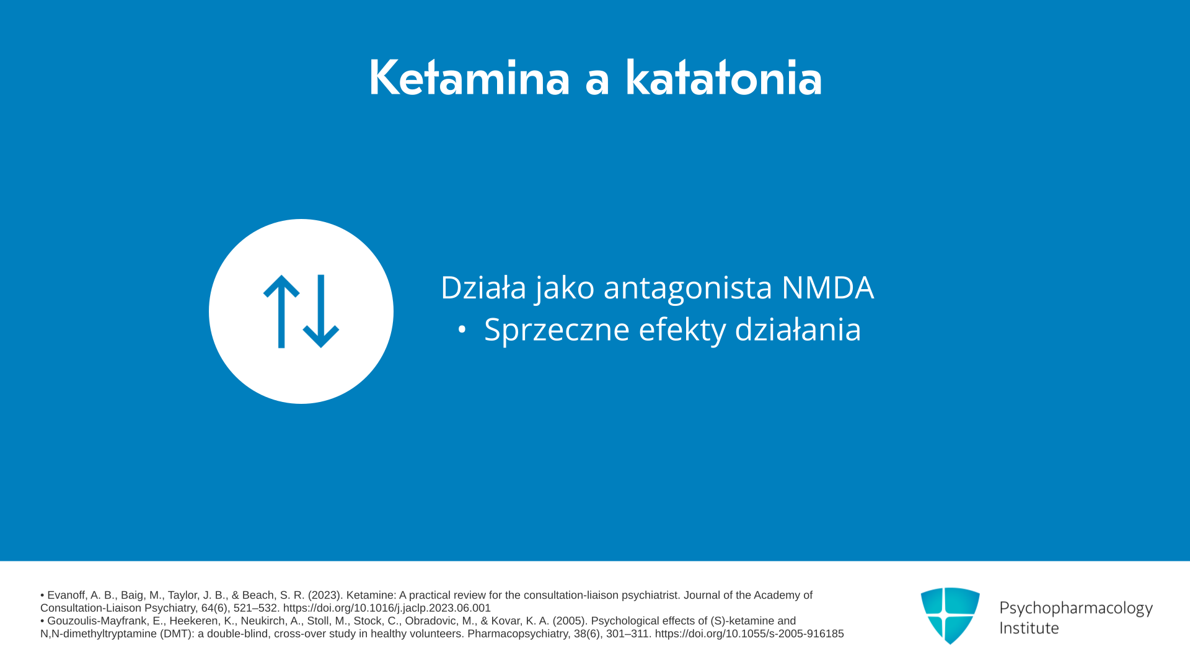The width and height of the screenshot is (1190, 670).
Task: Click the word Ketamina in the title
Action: click(x=469, y=78)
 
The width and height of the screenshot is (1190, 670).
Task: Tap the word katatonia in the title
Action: click(x=723, y=78)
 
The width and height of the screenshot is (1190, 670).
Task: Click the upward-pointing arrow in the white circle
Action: click(x=281, y=311)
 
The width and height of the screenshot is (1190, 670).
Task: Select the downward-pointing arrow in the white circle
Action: click(x=321, y=311)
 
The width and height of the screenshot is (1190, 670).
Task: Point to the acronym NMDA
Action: click(x=827, y=288)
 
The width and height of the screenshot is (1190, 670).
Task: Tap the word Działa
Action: click(x=483, y=288)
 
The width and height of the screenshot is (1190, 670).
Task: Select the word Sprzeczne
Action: click(x=557, y=330)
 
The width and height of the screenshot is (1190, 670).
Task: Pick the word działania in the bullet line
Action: click(x=798, y=329)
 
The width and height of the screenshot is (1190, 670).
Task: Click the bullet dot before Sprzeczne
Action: click(x=462, y=330)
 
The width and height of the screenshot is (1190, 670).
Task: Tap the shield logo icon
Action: click(x=950, y=616)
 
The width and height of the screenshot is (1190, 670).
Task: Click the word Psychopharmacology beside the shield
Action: click(x=1076, y=609)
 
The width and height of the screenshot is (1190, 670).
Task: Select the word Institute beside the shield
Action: click(x=1029, y=628)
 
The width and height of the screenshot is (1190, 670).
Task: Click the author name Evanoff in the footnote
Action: click(x=66, y=596)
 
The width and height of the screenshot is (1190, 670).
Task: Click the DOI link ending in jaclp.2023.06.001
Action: click(x=387, y=609)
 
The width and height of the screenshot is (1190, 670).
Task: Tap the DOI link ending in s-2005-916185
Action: click(x=749, y=634)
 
